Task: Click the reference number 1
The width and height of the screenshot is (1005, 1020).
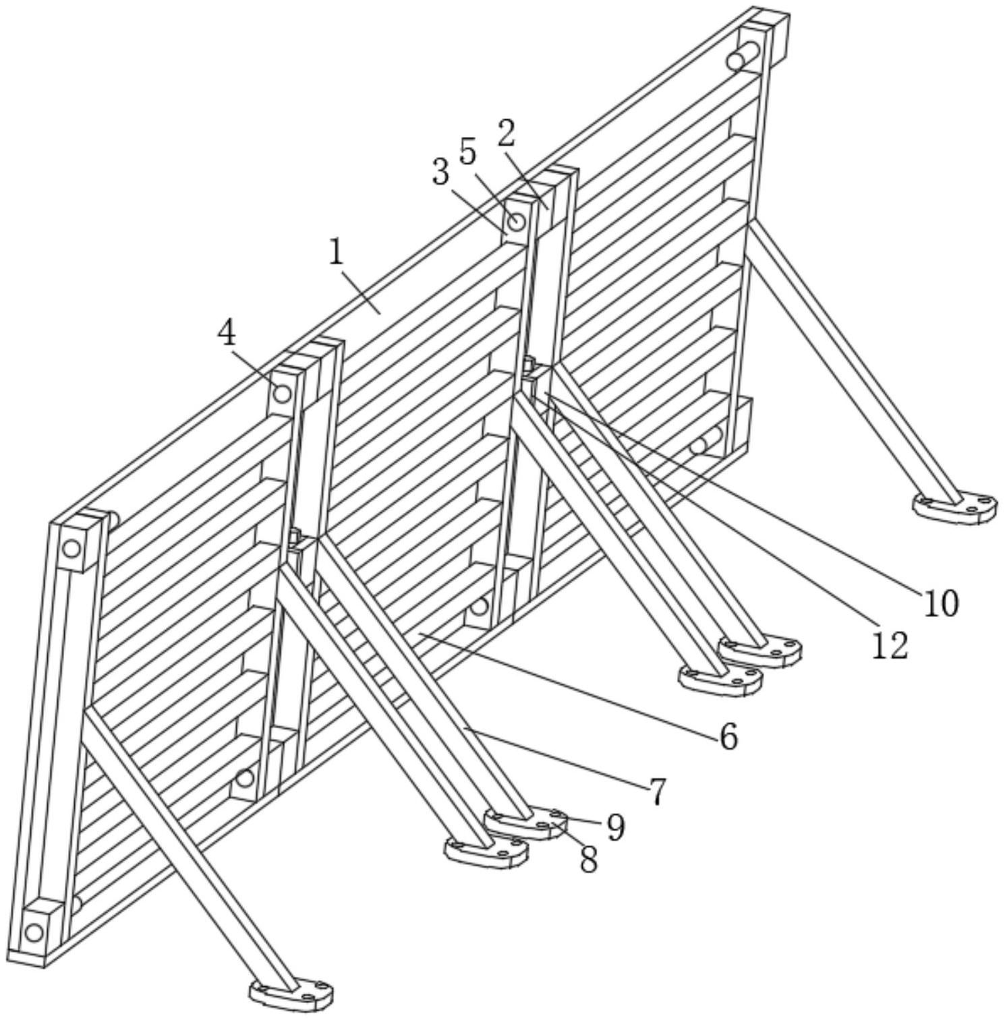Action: point(337,253)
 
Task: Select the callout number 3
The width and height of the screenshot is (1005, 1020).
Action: point(440,173)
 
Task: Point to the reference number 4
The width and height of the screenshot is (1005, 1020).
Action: point(227,333)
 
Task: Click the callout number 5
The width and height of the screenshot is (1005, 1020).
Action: point(467,152)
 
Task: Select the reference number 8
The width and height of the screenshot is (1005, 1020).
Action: point(589,860)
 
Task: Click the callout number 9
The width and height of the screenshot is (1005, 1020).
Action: point(614,827)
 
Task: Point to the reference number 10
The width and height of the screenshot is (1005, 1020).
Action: point(940,603)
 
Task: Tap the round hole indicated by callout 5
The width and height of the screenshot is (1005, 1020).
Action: point(517,222)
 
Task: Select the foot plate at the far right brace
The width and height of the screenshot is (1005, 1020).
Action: point(954,506)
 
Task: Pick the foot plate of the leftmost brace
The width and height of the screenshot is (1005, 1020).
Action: point(291,993)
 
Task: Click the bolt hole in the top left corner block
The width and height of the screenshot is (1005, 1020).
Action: point(71,548)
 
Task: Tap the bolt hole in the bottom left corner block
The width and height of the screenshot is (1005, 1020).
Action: point(34,933)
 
